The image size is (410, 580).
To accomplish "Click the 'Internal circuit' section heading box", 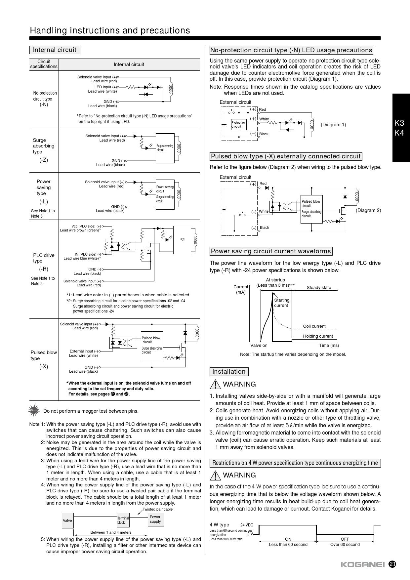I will [x=55, y=50].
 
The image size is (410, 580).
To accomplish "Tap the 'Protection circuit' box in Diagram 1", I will [x=238, y=125].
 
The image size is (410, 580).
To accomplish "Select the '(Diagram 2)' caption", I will [x=368, y=210].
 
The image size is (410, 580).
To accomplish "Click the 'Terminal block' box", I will [x=123, y=520].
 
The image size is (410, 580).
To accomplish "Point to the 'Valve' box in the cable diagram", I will [x=67, y=520].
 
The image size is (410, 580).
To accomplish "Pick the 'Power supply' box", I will [x=155, y=519].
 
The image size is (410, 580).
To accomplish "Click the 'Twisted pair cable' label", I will [x=157, y=509].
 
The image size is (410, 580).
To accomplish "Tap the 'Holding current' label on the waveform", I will [x=318, y=336].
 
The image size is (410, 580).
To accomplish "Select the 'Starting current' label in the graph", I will [x=281, y=303].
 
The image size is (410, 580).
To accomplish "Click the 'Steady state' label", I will [x=319, y=288].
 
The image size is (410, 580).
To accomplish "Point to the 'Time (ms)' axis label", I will [x=329, y=346].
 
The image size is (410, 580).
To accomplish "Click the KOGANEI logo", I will [x=362, y=565].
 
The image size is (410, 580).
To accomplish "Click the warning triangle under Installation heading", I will [x=215, y=384].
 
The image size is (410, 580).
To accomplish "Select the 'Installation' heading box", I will [x=229, y=372].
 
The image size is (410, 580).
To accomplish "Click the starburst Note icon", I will [x=34, y=410].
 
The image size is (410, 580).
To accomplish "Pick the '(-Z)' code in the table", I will [x=44, y=160].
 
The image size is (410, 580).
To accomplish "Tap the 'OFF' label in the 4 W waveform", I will [x=345, y=539].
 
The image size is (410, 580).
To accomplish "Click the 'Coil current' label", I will [x=314, y=326].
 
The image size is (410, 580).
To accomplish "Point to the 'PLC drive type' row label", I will [x=44, y=258].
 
